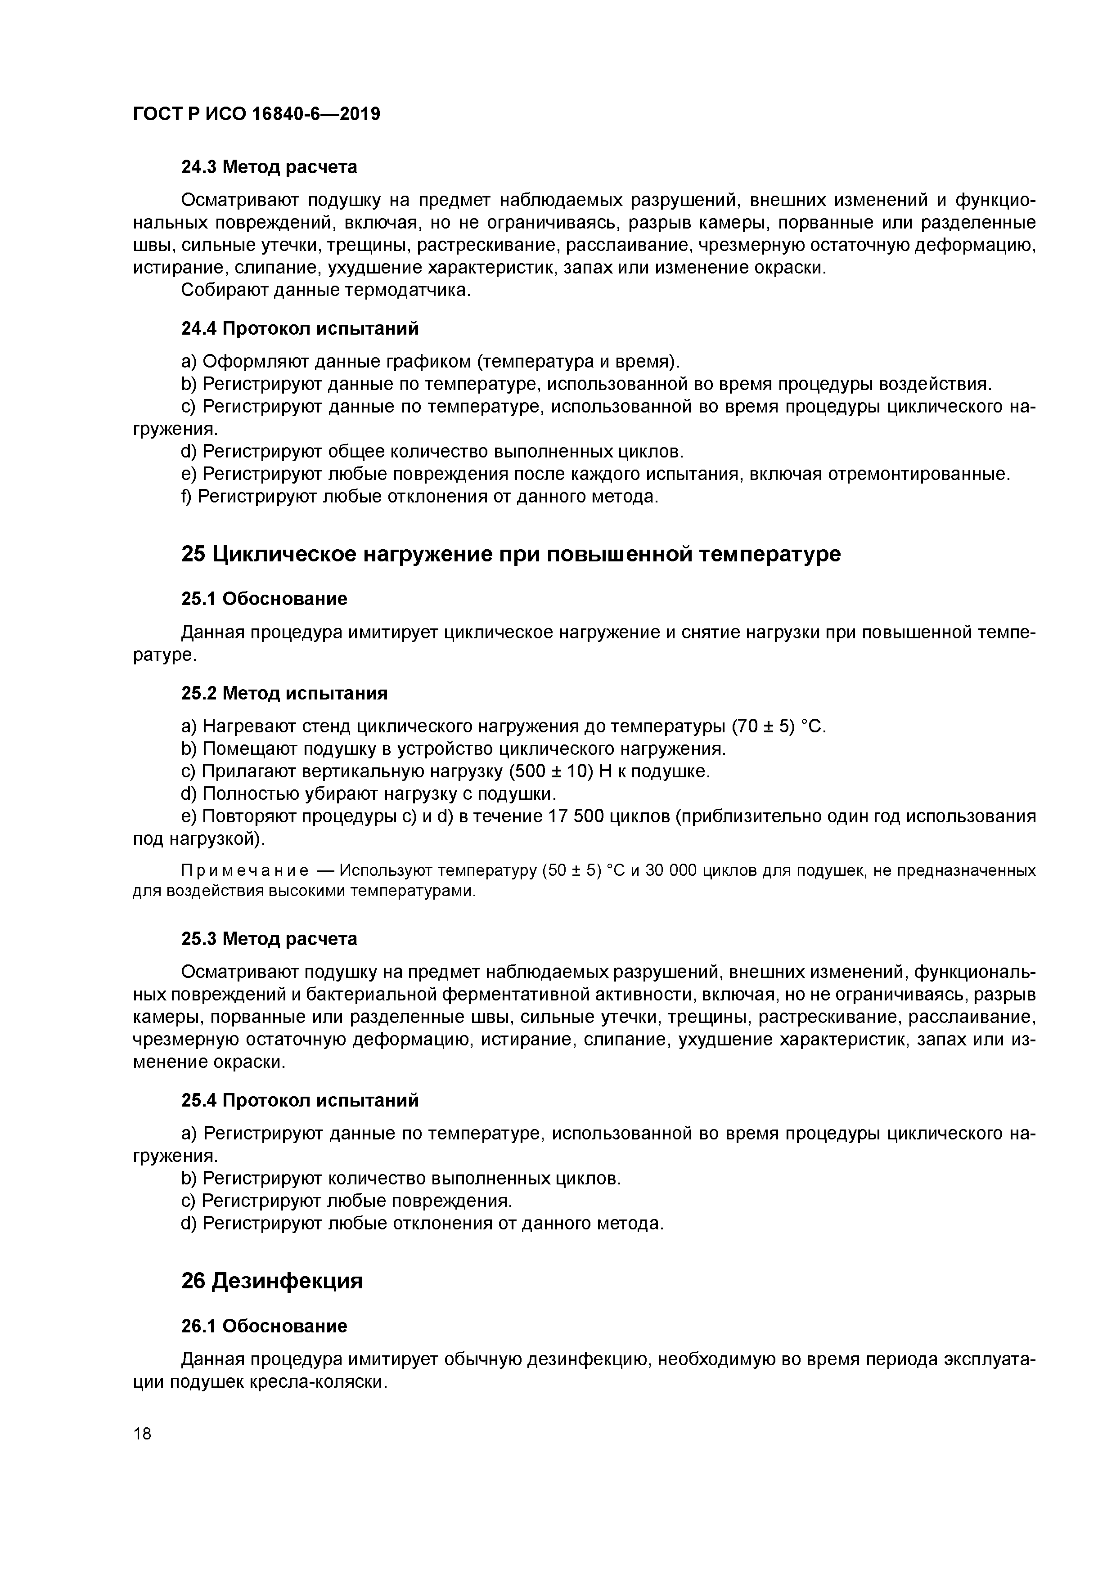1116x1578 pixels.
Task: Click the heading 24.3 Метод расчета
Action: point(269,167)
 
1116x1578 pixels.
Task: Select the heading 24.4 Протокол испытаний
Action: point(300,328)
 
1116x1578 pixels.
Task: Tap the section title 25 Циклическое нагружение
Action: point(510,554)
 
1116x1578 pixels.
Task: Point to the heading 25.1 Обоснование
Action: point(264,599)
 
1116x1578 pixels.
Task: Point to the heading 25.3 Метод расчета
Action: point(269,939)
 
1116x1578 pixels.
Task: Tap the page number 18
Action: point(142,1434)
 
